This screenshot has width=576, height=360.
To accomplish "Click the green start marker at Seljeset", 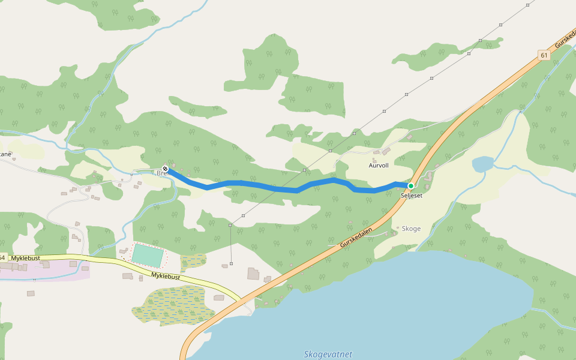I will [411, 186].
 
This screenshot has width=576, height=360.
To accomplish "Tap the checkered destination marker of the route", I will [165, 169].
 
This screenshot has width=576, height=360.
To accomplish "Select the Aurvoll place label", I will [379, 165].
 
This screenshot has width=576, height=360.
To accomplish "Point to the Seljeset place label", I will [412, 196].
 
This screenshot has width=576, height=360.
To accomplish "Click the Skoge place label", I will [411, 229].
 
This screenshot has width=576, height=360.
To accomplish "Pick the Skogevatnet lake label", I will [328, 354].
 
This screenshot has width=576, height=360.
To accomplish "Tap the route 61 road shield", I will [544, 55].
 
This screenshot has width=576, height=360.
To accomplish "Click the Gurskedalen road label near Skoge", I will [356, 238].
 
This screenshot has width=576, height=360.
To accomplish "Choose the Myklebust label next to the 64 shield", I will [25, 258].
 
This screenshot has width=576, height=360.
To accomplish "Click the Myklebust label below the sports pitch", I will [165, 275].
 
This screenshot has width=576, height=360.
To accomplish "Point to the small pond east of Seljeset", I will [482, 164].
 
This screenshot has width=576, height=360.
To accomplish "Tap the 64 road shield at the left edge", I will [2, 258].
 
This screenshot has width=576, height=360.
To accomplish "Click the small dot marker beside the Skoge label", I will [397, 228].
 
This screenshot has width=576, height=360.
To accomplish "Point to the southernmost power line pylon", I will [231, 263].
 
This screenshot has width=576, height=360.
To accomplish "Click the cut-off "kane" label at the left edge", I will [5, 154].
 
